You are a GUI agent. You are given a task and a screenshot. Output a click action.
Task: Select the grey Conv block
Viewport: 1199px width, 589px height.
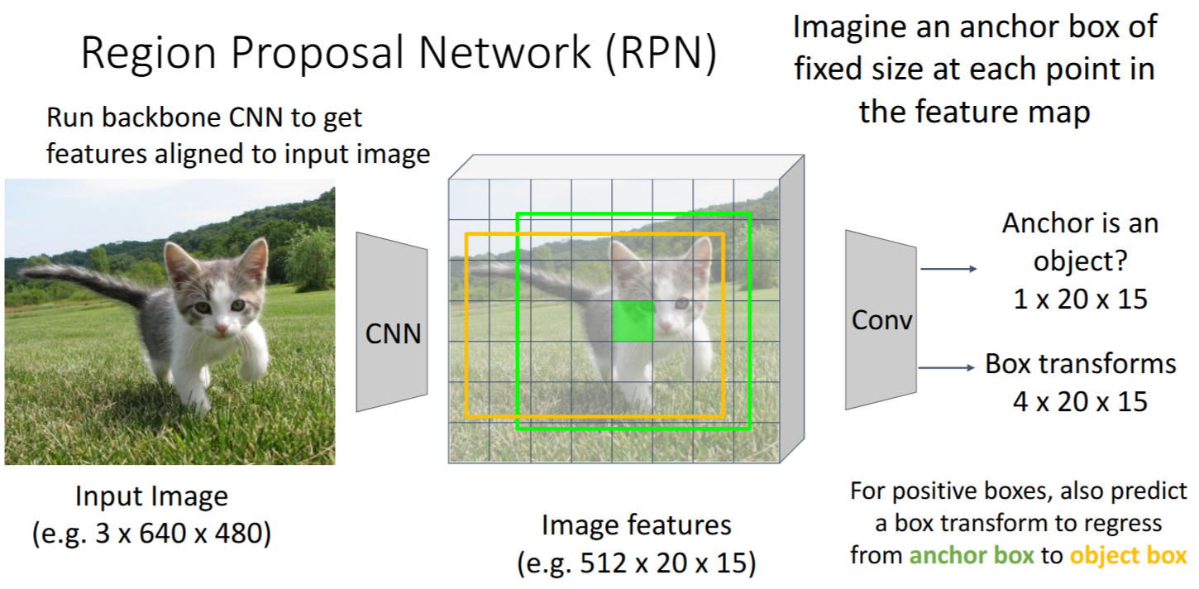(881, 319)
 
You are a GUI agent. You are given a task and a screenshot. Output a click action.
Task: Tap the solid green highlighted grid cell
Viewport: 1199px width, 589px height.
(633, 321)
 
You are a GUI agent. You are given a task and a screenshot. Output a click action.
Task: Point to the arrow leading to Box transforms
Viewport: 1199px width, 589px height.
(948, 366)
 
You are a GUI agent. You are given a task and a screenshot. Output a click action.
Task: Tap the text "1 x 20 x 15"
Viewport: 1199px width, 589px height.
(1080, 298)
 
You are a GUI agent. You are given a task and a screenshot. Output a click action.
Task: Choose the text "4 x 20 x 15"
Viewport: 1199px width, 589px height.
(1080, 401)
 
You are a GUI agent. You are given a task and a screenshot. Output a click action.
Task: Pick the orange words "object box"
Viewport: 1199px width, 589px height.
(1128, 555)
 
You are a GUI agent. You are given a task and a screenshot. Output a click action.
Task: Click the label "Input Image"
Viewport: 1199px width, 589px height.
(151, 496)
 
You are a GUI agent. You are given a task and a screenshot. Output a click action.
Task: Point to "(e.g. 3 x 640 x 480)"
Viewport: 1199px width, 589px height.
(151, 534)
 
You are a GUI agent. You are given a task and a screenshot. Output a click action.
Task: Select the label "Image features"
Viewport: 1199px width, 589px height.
(636, 524)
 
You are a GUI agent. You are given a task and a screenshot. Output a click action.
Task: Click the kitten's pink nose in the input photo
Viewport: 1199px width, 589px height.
(221, 329)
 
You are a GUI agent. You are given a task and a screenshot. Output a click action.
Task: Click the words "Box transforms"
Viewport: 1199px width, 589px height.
(1080, 364)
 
